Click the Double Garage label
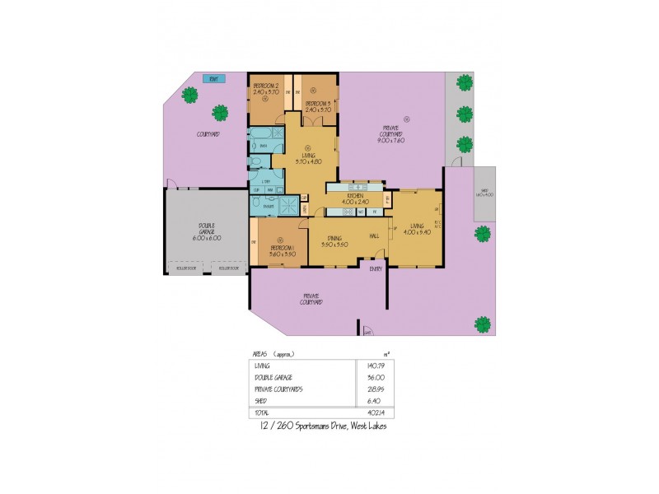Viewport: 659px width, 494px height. pos(194,233)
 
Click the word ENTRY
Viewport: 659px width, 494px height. pos(376,268)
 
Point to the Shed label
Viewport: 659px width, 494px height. pos(484,193)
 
